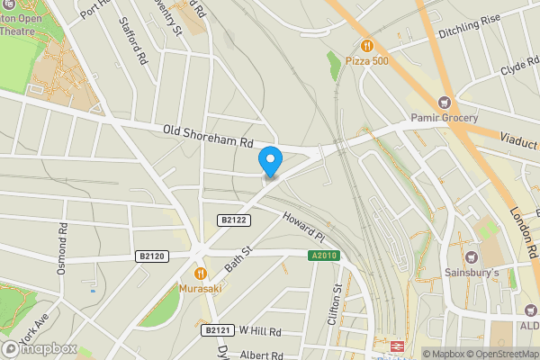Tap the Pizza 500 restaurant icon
click(x=366, y=45)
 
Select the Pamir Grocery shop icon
click(x=444, y=102)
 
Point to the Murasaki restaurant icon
click(x=200, y=272)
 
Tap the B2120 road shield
click(x=153, y=256)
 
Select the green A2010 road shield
click(x=323, y=256)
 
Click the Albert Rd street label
click(x=261, y=355)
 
